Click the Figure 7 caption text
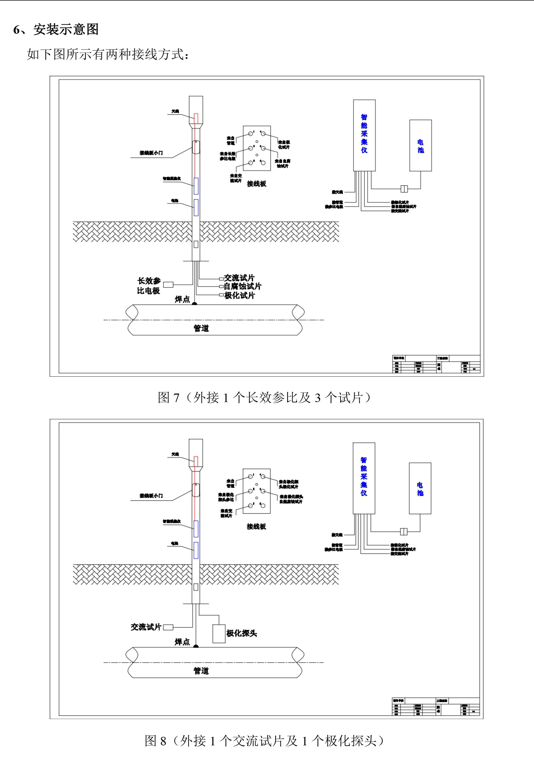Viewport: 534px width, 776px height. pyautogui.click(x=264, y=397)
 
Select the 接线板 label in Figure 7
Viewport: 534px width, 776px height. pyautogui.click(x=256, y=184)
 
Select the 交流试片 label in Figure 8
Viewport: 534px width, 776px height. pyautogui.click(x=146, y=627)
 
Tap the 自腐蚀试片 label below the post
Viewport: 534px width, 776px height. pyautogui.click(x=242, y=286)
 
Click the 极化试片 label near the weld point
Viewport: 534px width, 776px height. pyautogui.click(x=240, y=295)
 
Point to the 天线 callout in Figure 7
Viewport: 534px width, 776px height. pyautogui.click(x=175, y=111)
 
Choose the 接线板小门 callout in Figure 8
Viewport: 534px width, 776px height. pyautogui.click(x=151, y=496)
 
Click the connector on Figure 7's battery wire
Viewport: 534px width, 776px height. pyautogui.click(x=404, y=189)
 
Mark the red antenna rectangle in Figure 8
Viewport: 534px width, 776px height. pyautogui.click(x=196, y=461)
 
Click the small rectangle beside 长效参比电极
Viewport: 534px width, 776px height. pyautogui.click(x=168, y=285)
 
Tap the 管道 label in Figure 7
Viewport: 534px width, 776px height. pyautogui.click(x=201, y=328)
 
